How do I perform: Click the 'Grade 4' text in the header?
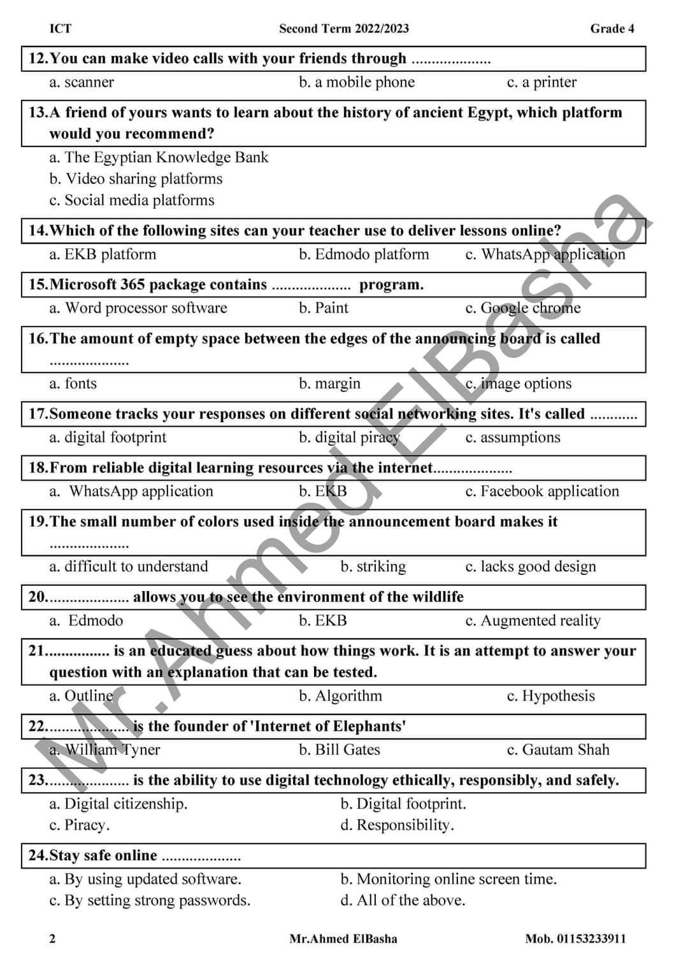coord(612,29)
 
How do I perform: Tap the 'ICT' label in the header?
coord(61,29)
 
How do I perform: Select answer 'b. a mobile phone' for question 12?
coord(357,82)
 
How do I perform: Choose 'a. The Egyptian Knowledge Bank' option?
coord(159,157)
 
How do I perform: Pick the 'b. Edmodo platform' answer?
coord(364,254)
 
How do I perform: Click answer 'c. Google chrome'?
coord(522,308)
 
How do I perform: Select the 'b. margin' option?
coord(329,383)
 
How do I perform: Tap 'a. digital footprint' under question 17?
coord(108,437)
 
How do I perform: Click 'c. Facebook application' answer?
coord(541,491)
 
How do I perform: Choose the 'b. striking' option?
coord(373,567)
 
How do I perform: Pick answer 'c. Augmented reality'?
coord(533,620)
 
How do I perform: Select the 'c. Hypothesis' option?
coord(550,696)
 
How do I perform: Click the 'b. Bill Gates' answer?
coord(340,749)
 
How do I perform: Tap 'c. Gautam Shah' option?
coord(557,749)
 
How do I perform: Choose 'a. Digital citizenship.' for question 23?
coord(118,804)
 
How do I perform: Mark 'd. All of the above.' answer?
coord(403,900)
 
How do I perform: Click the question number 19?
coord(38,522)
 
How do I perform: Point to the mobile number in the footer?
coord(575,939)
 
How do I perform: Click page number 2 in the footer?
coord(52,939)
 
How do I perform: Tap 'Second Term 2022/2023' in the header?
coord(344,29)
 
